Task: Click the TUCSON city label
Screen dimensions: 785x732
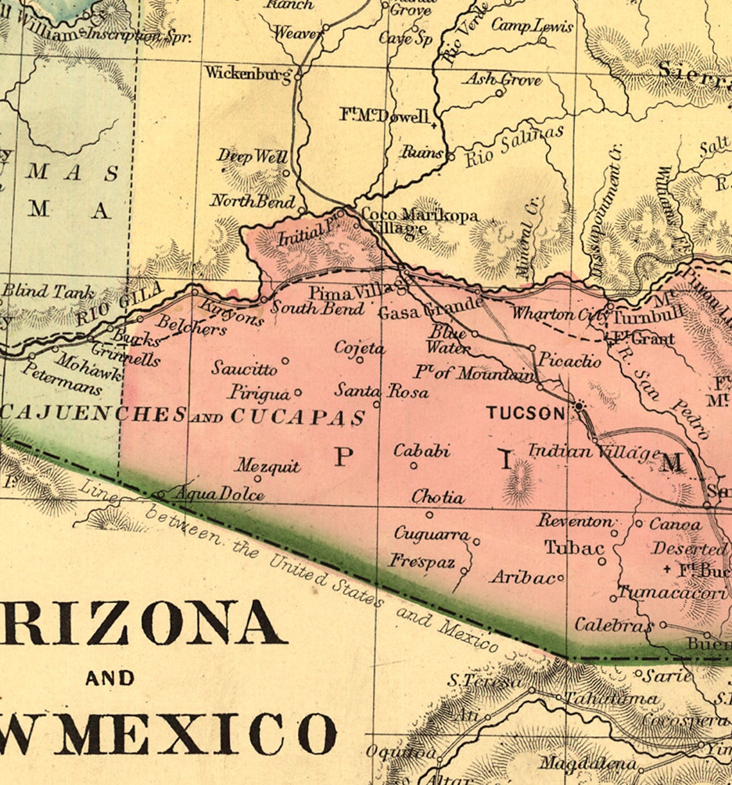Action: click(525, 413)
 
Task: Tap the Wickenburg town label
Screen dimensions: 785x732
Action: click(248, 73)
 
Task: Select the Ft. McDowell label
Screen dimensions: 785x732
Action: click(384, 116)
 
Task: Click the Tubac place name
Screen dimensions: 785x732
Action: click(574, 548)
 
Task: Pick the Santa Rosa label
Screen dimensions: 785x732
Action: click(381, 391)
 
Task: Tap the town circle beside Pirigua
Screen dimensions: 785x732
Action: click(298, 392)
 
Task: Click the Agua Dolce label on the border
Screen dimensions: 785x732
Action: click(219, 494)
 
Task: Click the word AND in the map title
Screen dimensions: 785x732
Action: click(110, 678)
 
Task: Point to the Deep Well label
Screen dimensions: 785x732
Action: click(252, 156)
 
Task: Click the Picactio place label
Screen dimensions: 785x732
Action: click(569, 360)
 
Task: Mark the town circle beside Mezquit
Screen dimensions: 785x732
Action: click(258, 479)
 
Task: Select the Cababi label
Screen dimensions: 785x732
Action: click(421, 451)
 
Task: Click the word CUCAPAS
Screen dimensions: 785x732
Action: click(298, 417)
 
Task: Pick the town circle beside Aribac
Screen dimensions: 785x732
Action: click(561, 578)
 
